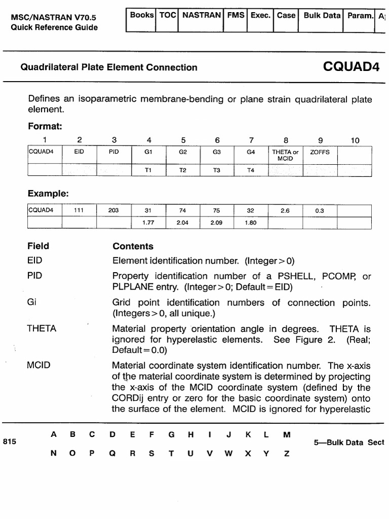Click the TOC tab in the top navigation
168,16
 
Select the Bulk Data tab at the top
322,16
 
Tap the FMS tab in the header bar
236,16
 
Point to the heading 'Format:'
45,126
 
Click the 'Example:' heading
48,194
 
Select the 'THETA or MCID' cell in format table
285,155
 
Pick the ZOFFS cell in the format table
320,152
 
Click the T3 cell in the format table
217,170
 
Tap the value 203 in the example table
114,210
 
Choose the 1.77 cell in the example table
148,222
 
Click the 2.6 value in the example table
285,210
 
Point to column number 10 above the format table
355,140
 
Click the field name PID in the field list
34,276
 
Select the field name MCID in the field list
38,365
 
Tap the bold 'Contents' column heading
133,246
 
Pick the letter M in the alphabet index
287,435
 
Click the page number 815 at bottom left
10,441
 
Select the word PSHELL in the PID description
295,276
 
